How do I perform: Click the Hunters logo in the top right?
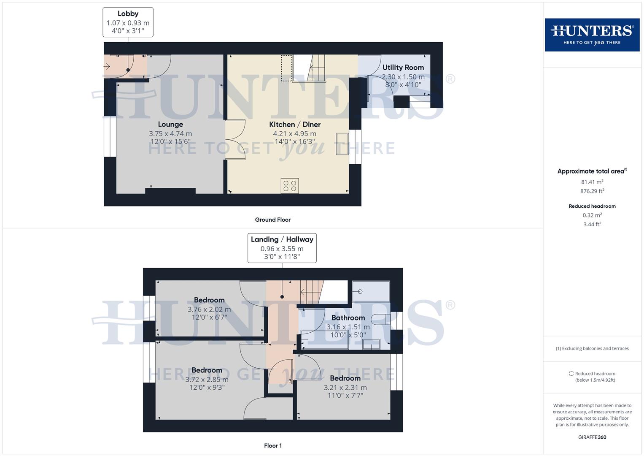[592, 35]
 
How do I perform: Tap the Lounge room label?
[170, 125]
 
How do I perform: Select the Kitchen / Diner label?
[295, 125]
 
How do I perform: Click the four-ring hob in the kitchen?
[290, 186]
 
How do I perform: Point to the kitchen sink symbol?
[342, 144]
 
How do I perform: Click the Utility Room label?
[403, 68]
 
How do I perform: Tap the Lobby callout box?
[128, 22]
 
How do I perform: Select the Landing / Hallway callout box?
[282, 248]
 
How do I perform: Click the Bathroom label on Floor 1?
[348, 318]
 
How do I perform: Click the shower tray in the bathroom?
[371, 292]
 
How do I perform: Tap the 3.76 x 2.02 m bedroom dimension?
[209, 309]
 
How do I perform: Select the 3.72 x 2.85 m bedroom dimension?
[207, 380]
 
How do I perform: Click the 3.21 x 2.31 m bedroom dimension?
[345, 388]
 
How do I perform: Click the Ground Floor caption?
[272, 220]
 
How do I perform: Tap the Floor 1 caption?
[272, 445]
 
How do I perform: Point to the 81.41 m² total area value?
[592, 182]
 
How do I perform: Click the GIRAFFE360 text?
[592, 437]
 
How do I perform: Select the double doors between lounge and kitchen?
[235, 140]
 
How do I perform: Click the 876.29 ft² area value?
[592, 191]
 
